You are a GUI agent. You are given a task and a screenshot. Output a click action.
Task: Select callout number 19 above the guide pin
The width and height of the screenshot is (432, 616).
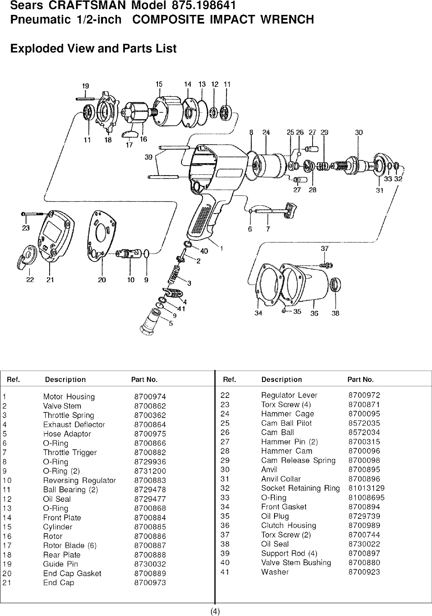tap(86, 86)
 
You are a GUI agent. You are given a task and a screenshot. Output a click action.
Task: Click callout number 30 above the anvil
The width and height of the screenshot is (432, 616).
tap(358, 133)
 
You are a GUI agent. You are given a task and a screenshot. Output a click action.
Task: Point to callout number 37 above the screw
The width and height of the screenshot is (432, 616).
tap(325, 249)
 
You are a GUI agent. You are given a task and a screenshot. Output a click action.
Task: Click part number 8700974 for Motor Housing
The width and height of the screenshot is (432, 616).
tap(150, 397)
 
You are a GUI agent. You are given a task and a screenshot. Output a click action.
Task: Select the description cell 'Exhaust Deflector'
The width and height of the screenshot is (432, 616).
tap(74, 425)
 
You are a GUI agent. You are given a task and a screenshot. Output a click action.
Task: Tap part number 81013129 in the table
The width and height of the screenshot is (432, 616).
tap(367, 488)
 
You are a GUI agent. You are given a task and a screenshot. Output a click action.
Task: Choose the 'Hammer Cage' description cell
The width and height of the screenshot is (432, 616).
tap(287, 414)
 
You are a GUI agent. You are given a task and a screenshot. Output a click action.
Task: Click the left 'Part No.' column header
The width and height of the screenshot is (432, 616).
tap(144, 379)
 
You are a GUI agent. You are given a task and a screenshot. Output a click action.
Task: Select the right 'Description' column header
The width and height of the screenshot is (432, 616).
tap(282, 379)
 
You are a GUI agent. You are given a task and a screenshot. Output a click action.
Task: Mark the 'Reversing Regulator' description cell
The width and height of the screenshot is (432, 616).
tap(79, 480)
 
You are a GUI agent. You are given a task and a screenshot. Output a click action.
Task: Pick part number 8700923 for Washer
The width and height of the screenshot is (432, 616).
tap(364, 572)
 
